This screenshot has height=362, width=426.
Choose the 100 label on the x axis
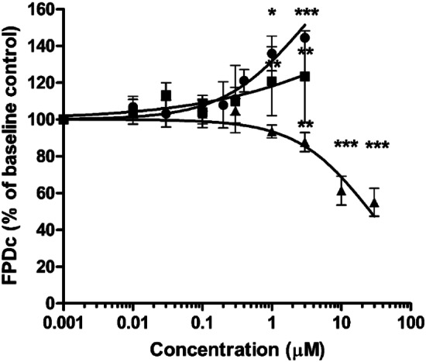click(412, 319)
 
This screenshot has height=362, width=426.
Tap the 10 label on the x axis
click(342, 319)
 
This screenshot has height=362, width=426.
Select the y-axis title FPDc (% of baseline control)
click(13, 155)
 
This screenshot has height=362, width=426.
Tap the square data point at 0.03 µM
click(166, 95)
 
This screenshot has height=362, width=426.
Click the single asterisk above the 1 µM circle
click(272, 13)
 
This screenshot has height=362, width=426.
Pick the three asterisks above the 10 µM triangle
click(346, 145)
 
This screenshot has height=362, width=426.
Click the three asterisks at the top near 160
click(307, 13)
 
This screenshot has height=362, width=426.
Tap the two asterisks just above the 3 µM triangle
click(305, 127)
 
